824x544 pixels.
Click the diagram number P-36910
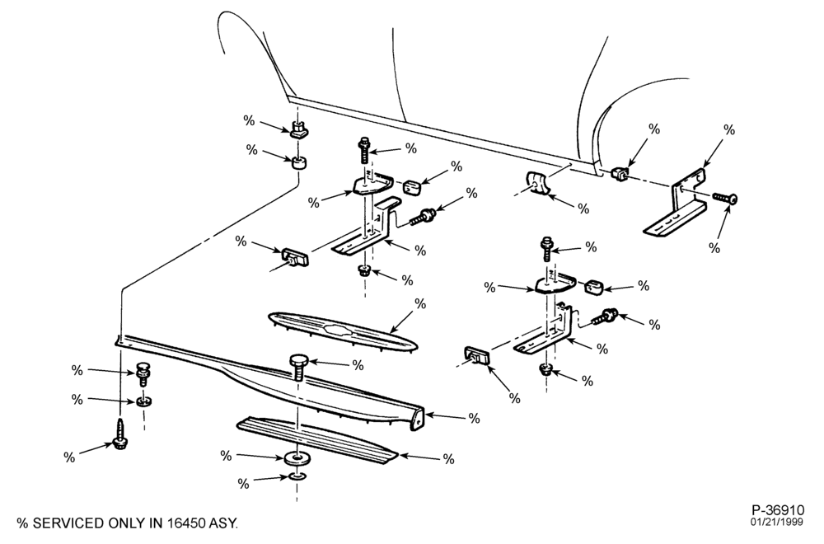click(778, 509)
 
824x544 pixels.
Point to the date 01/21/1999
click(777, 522)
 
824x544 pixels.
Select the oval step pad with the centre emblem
click(343, 331)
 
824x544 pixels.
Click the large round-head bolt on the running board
click(297, 367)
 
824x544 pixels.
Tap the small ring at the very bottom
click(297, 476)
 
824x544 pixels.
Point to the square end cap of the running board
click(417, 420)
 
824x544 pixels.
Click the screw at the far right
click(725, 198)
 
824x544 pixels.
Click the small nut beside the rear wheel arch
click(620, 172)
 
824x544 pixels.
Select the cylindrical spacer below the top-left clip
click(300, 162)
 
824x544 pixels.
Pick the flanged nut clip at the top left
click(298, 129)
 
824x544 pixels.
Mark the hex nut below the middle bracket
click(364, 272)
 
